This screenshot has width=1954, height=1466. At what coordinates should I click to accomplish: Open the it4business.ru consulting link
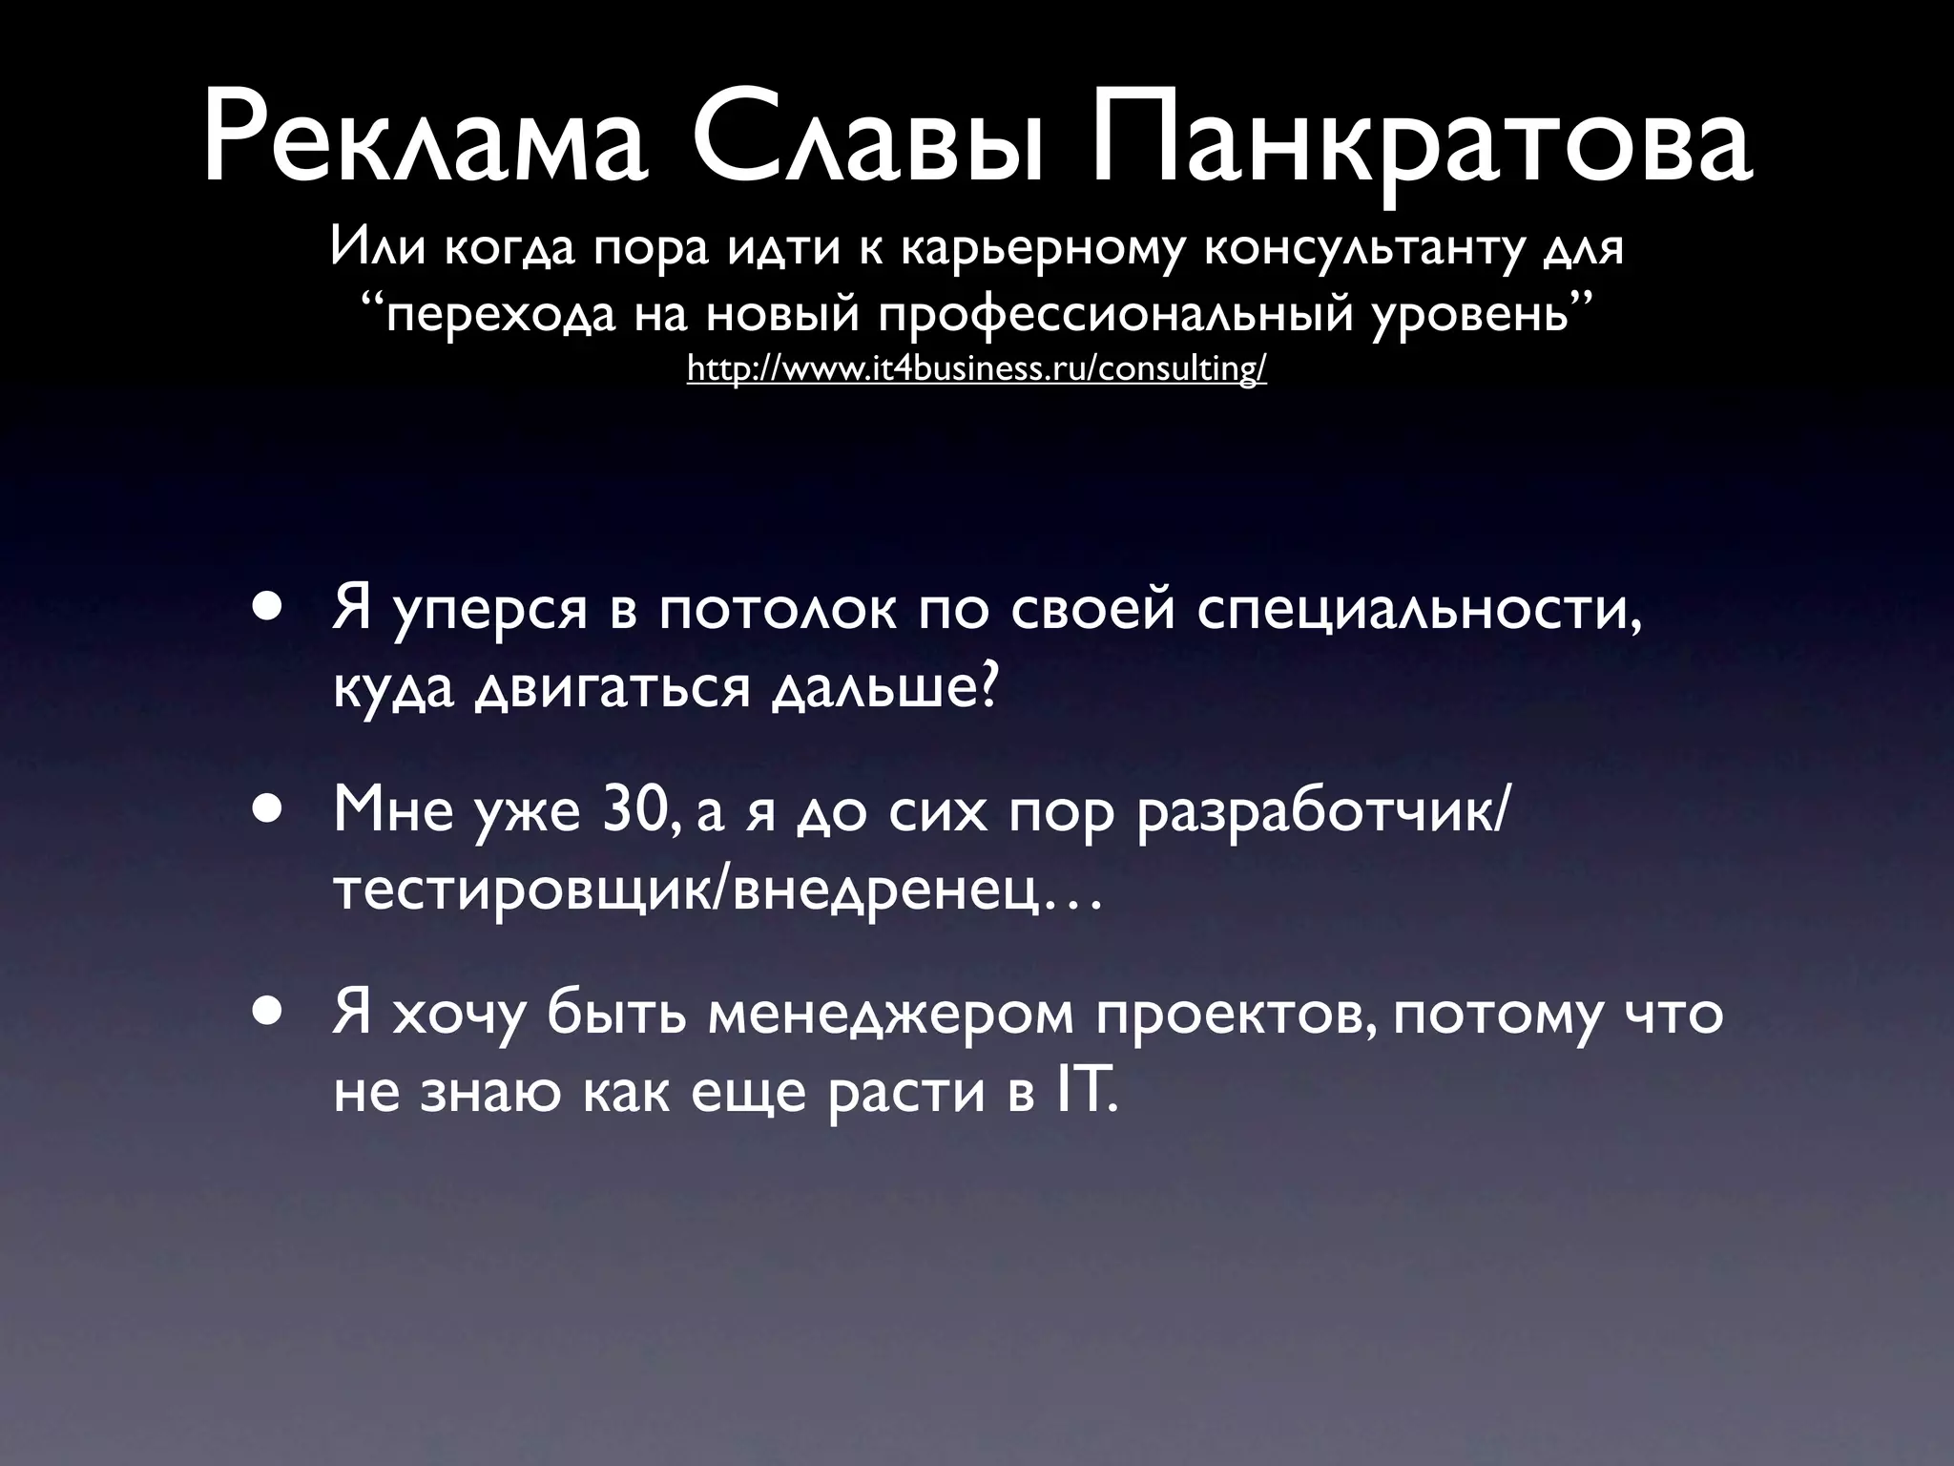[x=976, y=368]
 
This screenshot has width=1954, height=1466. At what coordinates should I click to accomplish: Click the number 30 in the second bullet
[x=640, y=810]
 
